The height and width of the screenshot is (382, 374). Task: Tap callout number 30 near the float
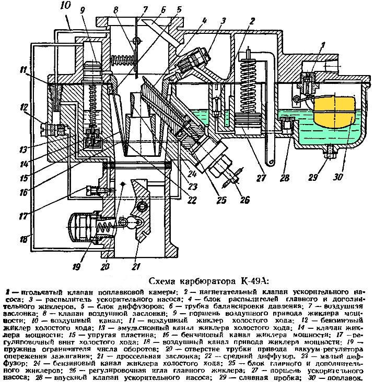coord(338,177)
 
